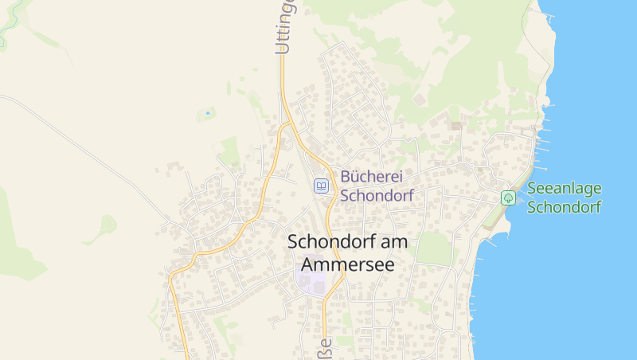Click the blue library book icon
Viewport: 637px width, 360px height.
pos(321,186)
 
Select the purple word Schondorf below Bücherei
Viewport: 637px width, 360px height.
pos(377,195)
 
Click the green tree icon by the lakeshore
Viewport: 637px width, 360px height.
pos(507,198)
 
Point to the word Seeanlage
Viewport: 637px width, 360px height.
pos(565,189)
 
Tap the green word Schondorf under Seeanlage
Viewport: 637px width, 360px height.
pos(565,207)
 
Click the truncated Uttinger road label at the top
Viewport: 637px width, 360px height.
pos(284,28)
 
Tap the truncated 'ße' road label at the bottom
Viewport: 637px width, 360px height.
pos(325,347)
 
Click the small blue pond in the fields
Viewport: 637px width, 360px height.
pos(209,113)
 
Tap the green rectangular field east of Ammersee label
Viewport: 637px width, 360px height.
pos(434,248)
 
